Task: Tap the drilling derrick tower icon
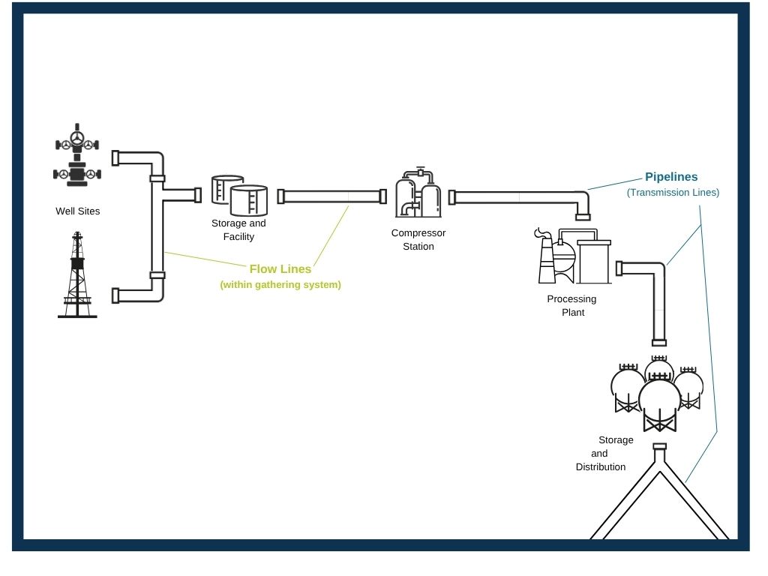[77, 274]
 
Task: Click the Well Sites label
[78, 211]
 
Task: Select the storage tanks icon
[239, 196]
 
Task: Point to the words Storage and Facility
[238, 229]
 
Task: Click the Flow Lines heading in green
[280, 269]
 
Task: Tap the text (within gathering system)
[280, 284]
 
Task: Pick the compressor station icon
[418, 193]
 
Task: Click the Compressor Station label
[418, 239]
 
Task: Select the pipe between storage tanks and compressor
[332, 196]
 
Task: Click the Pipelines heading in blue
[671, 177]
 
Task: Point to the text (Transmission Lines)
[673, 193]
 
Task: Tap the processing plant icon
[573, 256]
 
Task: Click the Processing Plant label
[572, 306]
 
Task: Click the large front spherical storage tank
[659, 403]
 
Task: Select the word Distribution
[601, 466]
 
